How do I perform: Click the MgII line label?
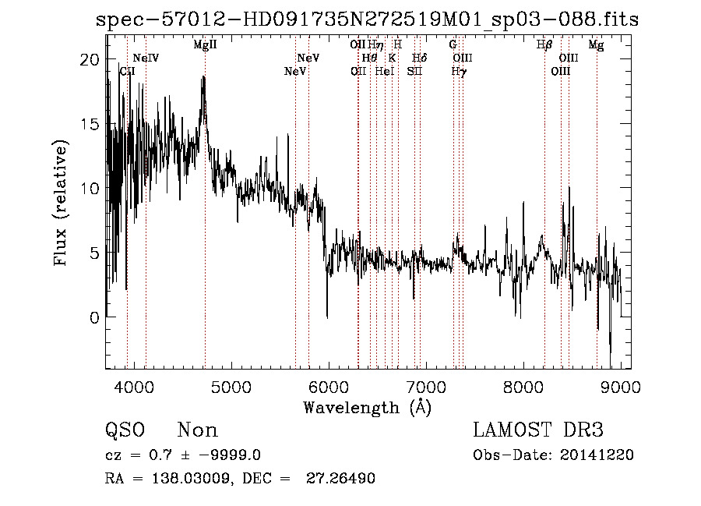pos(205,45)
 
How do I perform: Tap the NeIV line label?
pos(146,58)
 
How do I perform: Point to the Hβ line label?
pos(544,45)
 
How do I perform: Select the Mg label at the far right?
pos(596,45)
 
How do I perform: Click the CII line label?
pos(127,71)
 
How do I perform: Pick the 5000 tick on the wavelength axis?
pos(231,387)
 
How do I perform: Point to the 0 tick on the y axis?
pos(93,317)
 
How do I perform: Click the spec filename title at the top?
pos(367,19)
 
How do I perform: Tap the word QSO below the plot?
pos(125,430)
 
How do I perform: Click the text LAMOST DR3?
pos(538,430)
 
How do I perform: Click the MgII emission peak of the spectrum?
pos(204,79)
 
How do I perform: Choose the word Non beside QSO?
pos(198,430)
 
